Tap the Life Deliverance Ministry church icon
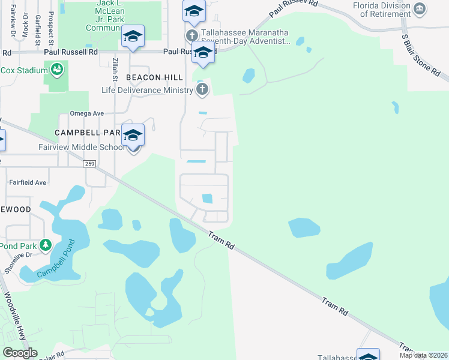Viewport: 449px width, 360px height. tap(202, 90)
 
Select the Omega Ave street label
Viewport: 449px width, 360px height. tap(87, 113)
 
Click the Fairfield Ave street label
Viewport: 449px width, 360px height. tap(27, 182)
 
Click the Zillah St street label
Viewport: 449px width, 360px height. tap(114, 70)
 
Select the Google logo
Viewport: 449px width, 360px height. tap(20, 353)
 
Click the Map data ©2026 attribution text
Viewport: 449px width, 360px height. tap(423, 355)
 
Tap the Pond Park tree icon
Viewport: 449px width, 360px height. tap(46, 245)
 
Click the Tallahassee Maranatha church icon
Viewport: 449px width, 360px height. tap(192, 35)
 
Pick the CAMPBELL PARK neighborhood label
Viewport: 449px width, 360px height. tap(87, 132)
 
